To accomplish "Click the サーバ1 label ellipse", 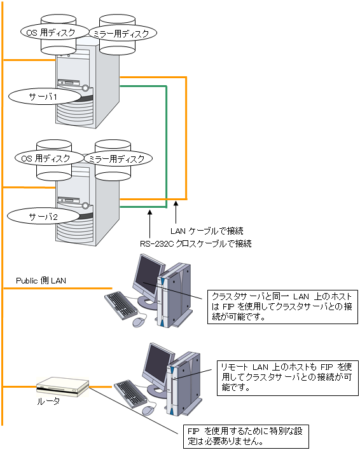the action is (x=45, y=97).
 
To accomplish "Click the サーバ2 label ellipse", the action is (x=43, y=216).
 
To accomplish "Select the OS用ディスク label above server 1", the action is (x=55, y=32).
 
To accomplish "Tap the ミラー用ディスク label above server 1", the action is (x=123, y=33).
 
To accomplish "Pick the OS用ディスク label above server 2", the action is (x=50, y=158).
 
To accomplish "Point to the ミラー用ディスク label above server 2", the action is (x=118, y=158).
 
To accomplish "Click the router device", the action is (x=62, y=387).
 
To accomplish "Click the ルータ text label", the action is (x=48, y=401).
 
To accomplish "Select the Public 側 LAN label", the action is (x=41, y=280).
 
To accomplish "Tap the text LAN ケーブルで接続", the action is (x=207, y=231).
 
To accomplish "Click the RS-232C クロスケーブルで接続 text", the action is (x=196, y=243).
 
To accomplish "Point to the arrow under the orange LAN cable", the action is (x=176, y=212).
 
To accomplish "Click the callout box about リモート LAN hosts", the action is (x=287, y=378).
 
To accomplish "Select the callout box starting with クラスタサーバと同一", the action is (x=283, y=307).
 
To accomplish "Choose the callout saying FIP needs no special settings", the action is (x=246, y=436).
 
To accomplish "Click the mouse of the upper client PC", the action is (x=139, y=322).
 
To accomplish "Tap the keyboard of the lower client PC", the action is (x=130, y=394).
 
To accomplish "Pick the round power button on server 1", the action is (x=85, y=88).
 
